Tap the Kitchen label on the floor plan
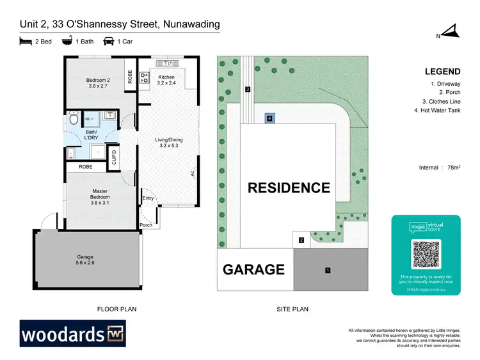coord(166,80)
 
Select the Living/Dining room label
coord(169,143)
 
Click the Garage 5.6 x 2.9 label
coord(85,260)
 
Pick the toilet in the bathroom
coord(73,118)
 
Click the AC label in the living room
coord(191,173)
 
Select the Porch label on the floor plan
coord(147,225)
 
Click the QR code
coord(426,255)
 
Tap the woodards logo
coord(73,334)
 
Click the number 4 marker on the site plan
coord(270,118)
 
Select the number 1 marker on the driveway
coord(328,270)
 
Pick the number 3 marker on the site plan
coord(247,89)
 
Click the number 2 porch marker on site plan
coord(301,240)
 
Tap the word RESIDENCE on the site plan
coord(289,188)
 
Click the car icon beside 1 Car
coord(109,41)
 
